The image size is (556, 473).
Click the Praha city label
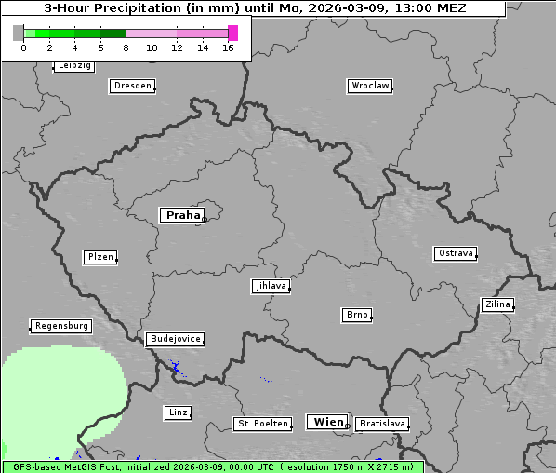[x=182, y=215]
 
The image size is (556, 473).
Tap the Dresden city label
[x=132, y=86]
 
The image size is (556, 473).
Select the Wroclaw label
[x=370, y=86]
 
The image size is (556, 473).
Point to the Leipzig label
[x=73, y=65]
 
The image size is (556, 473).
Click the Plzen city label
[x=99, y=257]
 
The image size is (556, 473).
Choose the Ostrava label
[x=456, y=253]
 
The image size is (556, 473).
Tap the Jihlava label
[x=271, y=286]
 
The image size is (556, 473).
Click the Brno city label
[x=357, y=315]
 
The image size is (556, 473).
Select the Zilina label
[x=497, y=304]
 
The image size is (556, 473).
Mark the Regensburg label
[x=61, y=326]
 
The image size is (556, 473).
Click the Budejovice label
[x=174, y=339]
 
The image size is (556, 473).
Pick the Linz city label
[x=178, y=412]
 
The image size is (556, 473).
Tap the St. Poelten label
[x=262, y=424]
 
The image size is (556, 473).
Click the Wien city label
[x=328, y=422]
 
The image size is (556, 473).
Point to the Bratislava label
[x=382, y=424]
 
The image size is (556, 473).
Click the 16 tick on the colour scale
[x=228, y=47]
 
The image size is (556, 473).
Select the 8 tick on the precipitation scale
[x=126, y=47]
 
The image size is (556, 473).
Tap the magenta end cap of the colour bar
[x=232, y=33]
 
